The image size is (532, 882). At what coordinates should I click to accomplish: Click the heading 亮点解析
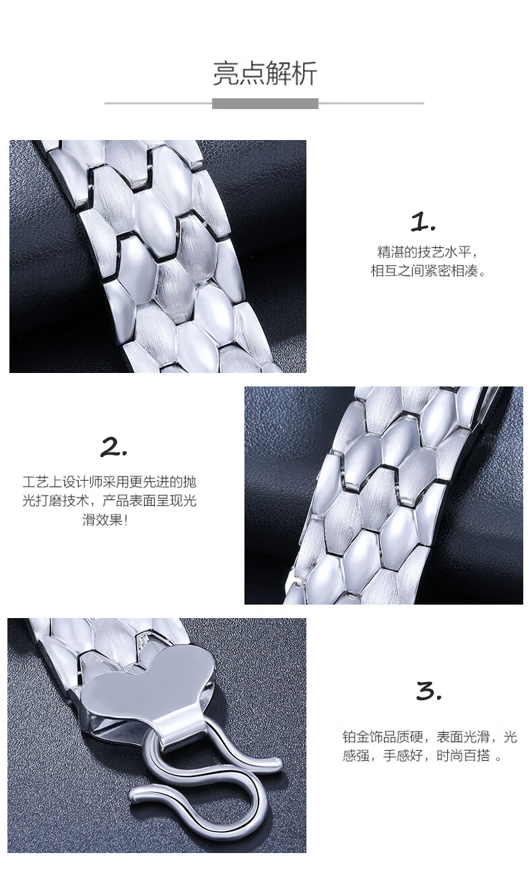(265, 73)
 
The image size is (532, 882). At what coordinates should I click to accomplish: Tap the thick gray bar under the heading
(265, 104)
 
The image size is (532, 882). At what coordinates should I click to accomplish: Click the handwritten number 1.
(423, 222)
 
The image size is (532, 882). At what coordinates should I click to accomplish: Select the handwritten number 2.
(113, 448)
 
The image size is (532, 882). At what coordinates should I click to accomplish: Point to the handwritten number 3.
(429, 691)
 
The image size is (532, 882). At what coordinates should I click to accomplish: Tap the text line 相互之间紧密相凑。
(428, 271)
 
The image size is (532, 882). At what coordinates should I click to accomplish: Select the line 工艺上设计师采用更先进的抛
(110, 482)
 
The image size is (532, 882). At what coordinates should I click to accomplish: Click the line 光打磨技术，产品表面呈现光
(110, 501)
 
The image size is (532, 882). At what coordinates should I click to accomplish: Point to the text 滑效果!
(105, 520)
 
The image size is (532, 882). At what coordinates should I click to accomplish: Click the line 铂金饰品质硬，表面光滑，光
(430, 737)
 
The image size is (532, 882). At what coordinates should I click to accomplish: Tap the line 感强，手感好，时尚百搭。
(422, 755)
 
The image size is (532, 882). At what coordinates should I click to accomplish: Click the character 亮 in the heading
(226, 73)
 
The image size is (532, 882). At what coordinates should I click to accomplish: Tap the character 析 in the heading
(304, 73)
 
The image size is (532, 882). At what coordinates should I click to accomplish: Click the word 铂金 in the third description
(356, 737)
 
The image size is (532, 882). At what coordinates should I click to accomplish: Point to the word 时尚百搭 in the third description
(463, 755)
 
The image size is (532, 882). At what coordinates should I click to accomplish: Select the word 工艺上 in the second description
(42, 482)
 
